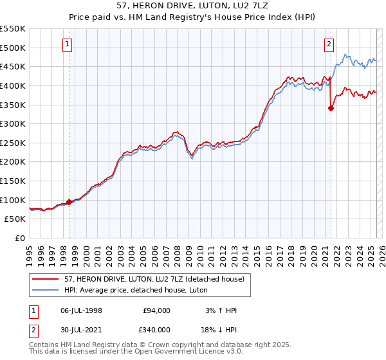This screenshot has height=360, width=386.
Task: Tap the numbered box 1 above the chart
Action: [68, 44]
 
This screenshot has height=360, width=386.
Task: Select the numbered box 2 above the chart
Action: [329, 44]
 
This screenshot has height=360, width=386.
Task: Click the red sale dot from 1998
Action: [69, 202]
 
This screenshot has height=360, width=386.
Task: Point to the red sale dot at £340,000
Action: [331, 108]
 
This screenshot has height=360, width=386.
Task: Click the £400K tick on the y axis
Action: [13, 85]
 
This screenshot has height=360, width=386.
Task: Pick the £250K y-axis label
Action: [13, 143]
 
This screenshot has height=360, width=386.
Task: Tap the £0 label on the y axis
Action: [19, 238]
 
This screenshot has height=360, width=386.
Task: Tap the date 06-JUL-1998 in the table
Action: [81, 310]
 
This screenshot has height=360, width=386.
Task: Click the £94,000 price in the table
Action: [156, 310]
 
